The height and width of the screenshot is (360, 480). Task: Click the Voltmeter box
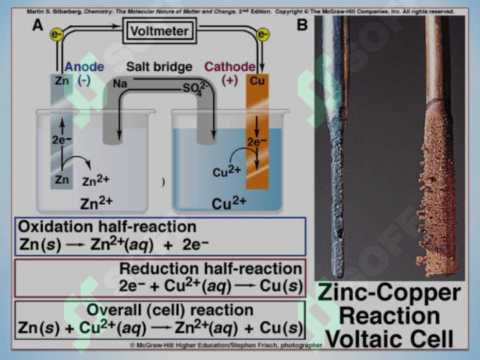pos(159,31)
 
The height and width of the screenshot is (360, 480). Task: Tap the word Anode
pos(84,67)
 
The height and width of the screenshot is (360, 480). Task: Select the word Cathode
pos(229,67)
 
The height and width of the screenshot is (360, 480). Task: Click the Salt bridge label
pos(159,67)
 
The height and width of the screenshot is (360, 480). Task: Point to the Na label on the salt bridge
pos(120,83)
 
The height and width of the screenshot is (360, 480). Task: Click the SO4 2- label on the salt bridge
pos(195,88)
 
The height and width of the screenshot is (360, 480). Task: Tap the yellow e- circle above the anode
pos(56,34)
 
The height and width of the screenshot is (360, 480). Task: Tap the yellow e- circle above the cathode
pos(263,34)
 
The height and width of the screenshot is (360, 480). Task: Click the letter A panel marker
pos(37,25)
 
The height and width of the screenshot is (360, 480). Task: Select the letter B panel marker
pos(302,25)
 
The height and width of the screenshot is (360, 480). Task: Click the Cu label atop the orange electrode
pos(257,81)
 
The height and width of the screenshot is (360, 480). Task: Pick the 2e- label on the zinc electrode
pos(61,139)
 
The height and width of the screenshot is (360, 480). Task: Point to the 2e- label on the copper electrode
pos(257,142)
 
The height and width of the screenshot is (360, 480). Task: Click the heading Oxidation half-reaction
pos(107,227)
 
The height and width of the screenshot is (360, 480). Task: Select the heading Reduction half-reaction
pos(211,269)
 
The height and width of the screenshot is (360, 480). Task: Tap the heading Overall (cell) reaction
pos(170,310)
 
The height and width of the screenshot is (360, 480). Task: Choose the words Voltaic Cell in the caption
pos(389,339)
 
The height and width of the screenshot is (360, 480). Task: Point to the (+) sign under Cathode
pos(229,80)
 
